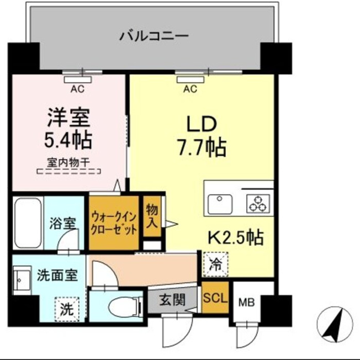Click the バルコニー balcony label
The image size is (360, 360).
point(154,36)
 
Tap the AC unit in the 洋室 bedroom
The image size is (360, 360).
point(78,80)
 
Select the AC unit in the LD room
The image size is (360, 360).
point(190,80)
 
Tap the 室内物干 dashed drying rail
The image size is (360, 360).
point(69,171)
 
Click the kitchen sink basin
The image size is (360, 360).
point(220,204)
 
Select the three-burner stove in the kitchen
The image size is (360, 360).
point(258,204)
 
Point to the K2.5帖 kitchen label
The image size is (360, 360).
point(236,237)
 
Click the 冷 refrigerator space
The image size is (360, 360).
point(216,264)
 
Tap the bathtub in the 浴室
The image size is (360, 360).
point(28,223)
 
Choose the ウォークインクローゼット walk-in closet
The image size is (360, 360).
point(114,223)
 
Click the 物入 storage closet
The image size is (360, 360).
point(152,216)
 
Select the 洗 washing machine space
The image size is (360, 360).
point(67,309)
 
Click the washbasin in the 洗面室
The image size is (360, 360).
point(22,280)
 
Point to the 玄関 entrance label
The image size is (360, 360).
point(172,300)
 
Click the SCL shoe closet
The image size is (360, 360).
point(215,297)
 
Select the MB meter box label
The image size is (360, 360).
point(247,303)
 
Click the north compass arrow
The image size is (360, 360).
point(335,325)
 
